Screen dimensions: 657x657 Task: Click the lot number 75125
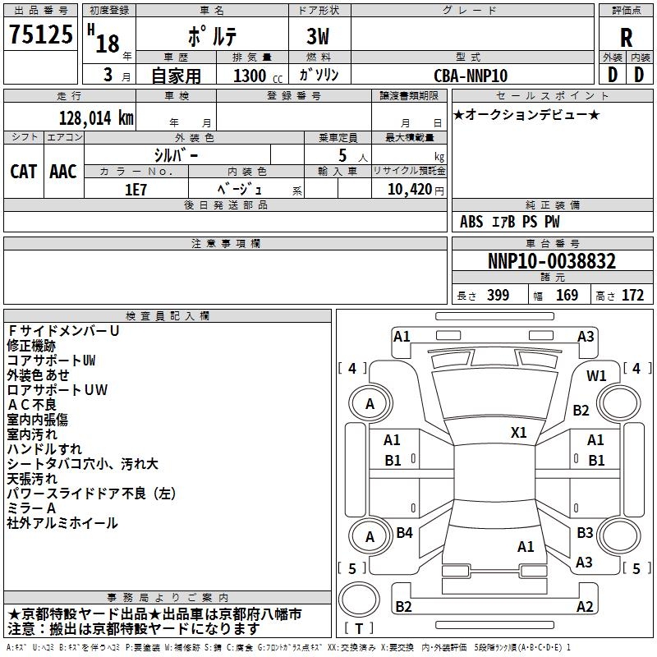41,34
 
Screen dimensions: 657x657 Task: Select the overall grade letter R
626,38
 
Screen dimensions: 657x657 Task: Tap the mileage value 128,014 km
96,118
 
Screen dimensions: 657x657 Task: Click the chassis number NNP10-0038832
552,261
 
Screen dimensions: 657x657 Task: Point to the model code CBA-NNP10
471,76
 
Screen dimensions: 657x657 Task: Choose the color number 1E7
136,190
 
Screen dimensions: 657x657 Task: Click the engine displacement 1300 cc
258,76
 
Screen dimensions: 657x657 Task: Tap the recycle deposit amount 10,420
410,190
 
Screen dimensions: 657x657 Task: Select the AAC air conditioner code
63,172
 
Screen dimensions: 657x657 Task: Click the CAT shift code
24,172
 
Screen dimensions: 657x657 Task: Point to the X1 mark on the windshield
518,433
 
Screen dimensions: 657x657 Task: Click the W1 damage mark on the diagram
596,376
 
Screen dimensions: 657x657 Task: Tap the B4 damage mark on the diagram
404,533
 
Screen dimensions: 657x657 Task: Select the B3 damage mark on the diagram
585,533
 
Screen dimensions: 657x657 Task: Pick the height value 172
632,296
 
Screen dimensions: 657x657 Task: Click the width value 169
567,296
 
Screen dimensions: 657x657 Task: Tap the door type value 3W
318,37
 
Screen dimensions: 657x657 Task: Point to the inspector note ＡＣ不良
32,405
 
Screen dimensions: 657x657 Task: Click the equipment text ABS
471,222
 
